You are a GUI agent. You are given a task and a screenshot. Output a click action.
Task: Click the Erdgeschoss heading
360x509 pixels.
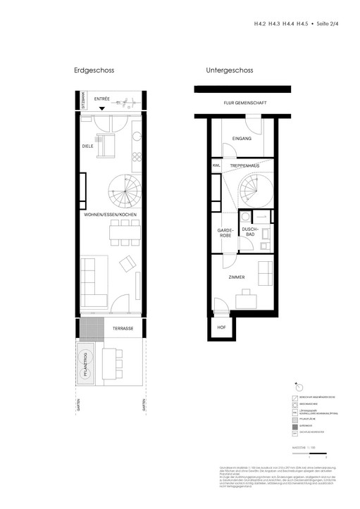pos(94,70)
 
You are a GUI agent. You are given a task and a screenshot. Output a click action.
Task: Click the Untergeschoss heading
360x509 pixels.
pos(230,70)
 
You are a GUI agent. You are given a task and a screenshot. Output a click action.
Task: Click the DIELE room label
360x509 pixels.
pos(88,146)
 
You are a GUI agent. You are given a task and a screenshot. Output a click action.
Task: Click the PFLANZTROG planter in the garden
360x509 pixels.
pos(89,367)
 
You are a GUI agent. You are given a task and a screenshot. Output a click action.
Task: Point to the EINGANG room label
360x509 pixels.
pos(242,139)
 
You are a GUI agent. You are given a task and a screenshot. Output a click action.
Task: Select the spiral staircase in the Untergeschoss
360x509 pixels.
pos(255,191)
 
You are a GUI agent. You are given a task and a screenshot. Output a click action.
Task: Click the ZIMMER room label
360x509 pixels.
pos(236,277)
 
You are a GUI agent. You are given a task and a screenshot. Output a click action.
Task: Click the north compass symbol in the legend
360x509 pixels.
pos(298,387)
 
